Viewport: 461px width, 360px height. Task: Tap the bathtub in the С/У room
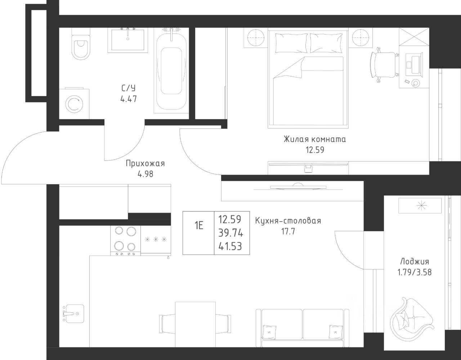pos(171,71)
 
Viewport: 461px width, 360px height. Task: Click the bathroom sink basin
pos(128,40)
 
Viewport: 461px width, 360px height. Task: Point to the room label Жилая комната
pos(315,140)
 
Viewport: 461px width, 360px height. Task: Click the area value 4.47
pos(129,99)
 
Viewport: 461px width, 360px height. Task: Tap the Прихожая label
pos(145,164)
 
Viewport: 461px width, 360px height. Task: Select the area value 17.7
pos(288,231)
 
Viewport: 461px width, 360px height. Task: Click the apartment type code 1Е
pos(199,225)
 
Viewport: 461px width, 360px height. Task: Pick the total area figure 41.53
pos(230,247)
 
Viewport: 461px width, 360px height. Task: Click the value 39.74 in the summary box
pos(231,233)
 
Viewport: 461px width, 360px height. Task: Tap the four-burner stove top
pos(125,241)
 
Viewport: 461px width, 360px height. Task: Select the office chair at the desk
pos(384,66)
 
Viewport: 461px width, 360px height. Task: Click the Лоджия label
pos(415,262)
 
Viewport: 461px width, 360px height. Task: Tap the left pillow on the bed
pos(291,43)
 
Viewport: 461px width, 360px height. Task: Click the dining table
pos(196,324)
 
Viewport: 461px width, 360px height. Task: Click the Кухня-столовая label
pos(288,221)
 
